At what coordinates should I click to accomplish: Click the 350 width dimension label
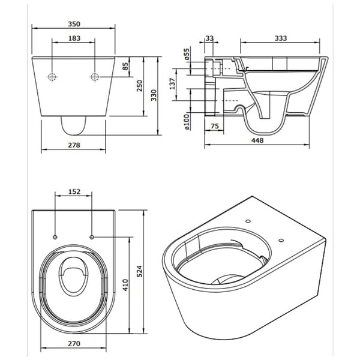pyautogui.click(x=74, y=24)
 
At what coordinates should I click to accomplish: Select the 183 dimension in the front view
pyautogui.click(x=74, y=38)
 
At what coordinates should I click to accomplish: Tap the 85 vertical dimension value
pyautogui.click(x=126, y=67)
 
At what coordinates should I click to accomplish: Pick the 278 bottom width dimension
pyautogui.click(x=74, y=146)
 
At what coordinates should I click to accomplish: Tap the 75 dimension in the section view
pyautogui.click(x=214, y=126)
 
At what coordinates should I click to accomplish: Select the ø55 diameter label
pyautogui.click(x=187, y=55)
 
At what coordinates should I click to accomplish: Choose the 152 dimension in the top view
pyautogui.click(x=73, y=191)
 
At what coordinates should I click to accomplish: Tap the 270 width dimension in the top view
pyautogui.click(x=74, y=346)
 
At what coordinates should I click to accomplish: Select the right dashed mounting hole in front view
pyautogui.click(x=94, y=77)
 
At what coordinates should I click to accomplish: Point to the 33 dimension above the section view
pyautogui.click(x=209, y=38)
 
